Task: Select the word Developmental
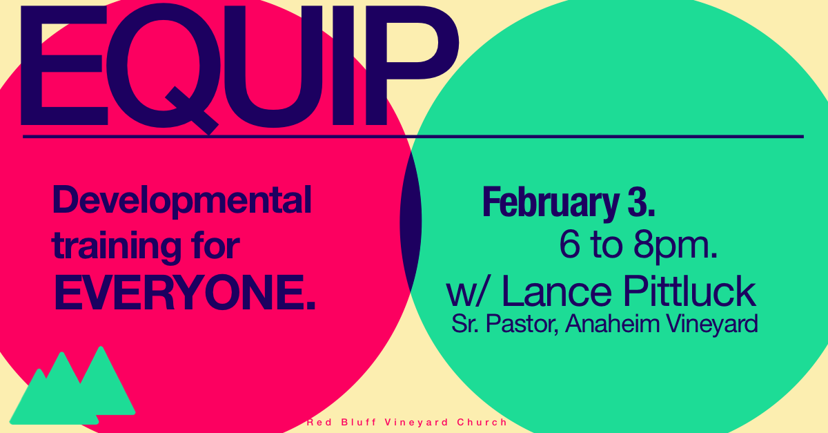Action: [x=182, y=202]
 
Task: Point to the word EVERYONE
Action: [x=185, y=292]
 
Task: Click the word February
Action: [x=551, y=204]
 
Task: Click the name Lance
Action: [x=557, y=291]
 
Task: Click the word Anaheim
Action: [x=613, y=323]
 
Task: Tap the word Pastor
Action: [x=522, y=324]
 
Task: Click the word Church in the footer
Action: [x=482, y=422]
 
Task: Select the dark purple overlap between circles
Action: [x=411, y=221]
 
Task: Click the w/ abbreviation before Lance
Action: [x=469, y=292]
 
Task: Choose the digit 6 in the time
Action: [x=570, y=244]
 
